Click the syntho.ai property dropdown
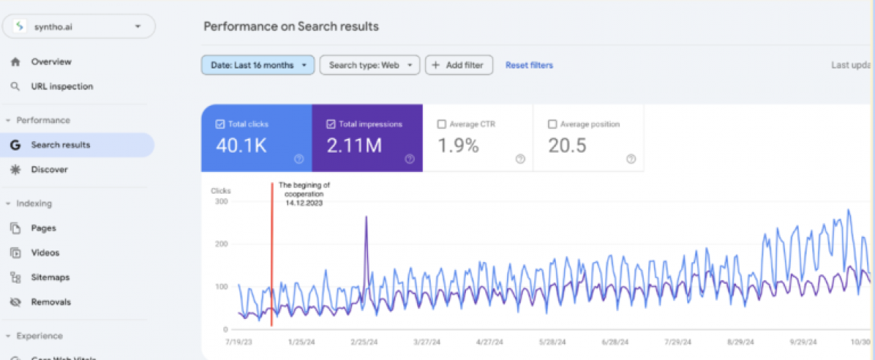[x=78, y=27]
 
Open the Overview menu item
[x=51, y=62]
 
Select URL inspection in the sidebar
[x=61, y=86]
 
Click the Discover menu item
[x=49, y=170]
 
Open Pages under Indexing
[x=43, y=228]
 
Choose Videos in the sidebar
[x=45, y=253]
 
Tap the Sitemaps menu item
[x=50, y=277]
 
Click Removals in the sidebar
[x=50, y=302]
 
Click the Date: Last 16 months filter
[x=258, y=66]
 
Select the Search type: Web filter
[x=369, y=66]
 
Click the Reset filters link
[x=529, y=66]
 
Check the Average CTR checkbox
[x=441, y=124]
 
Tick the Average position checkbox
[x=552, y=124]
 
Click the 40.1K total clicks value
[x=241, y=146]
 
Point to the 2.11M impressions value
[x=354, y=146]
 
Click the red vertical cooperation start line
[x=272, y=259]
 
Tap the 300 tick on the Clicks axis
[x=221, y=202]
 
